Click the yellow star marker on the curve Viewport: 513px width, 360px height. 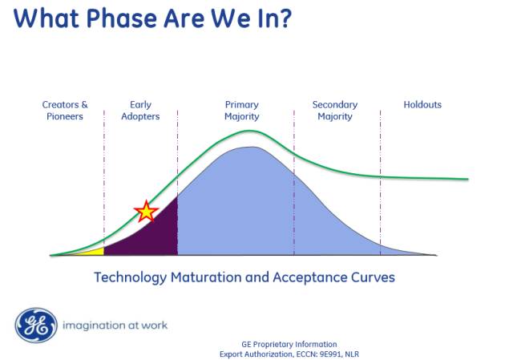[x=146, y=211]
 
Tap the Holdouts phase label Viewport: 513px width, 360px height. [x=422, y=105]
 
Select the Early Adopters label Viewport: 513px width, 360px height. [x=140, y=111]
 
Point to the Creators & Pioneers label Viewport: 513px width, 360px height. [x=65, y=111]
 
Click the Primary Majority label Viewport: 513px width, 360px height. [x=242, y=111]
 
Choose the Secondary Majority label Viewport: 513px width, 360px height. [x=335, y=111]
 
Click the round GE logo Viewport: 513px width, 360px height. [x=36, y=326]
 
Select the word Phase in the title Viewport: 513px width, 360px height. [x=121, y=18]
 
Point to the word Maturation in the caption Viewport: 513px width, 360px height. [x=205, y=277]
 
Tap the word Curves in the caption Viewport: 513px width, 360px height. [x=373, y=277]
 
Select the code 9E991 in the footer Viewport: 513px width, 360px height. [x=331, y=354]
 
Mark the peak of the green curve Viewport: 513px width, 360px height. [x=250, y=131]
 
